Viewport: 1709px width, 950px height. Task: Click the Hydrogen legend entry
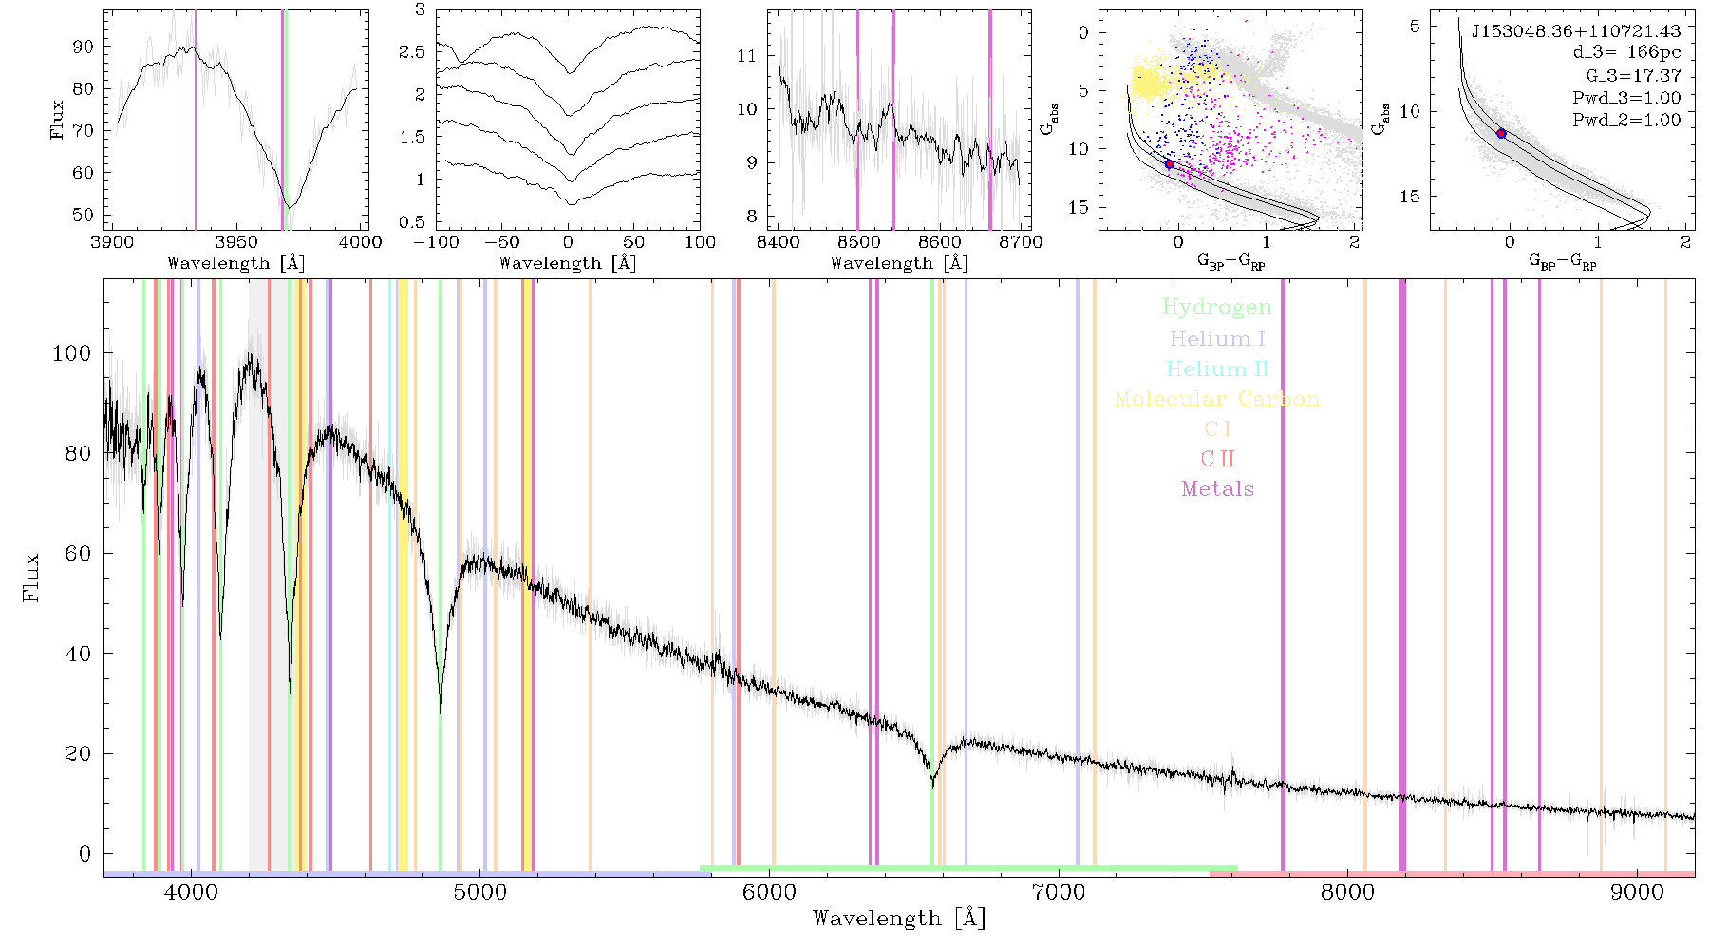click(1216, 307)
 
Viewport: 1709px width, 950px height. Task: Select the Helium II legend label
click(1217, 369)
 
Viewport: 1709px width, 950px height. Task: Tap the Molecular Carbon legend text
click(1217, 399)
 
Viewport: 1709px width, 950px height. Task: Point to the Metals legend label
click(1218, 489)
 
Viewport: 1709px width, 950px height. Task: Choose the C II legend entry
click(1217, 459)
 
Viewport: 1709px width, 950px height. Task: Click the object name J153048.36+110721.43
click(1576, 31)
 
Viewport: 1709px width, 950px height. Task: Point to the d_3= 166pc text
click(1626, 53)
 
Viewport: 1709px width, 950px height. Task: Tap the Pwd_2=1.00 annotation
click(1626, 120)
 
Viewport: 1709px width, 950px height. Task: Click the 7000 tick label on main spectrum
click(1059, 892)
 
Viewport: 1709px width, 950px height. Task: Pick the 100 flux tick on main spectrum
click(72, 352)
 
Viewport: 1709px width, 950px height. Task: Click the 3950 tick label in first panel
click(236, 241)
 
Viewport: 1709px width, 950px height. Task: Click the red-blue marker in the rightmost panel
click(1501, 134)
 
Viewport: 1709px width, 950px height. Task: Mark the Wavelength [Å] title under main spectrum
click(899, 919)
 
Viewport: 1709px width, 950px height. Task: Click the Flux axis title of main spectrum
click(32, 577)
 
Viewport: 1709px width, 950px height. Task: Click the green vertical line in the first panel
click(285, 120)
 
